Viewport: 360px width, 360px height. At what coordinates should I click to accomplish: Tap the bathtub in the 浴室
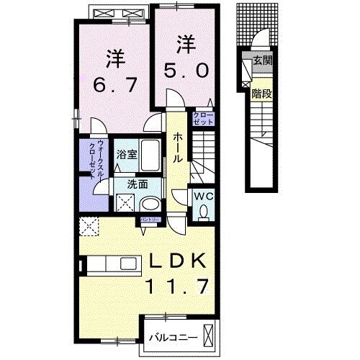click(x=152, y=156)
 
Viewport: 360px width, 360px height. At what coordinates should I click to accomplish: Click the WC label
click(x=202, y=194)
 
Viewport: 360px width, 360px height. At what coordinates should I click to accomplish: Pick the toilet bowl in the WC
click(x=204, y=211)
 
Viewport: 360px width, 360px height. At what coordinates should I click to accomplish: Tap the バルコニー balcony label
click(x=170, y=336)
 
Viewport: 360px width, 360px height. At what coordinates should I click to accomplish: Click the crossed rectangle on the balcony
click(x=209, y=336)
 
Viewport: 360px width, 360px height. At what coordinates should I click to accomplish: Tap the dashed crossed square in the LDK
click(x=91, y=227)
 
